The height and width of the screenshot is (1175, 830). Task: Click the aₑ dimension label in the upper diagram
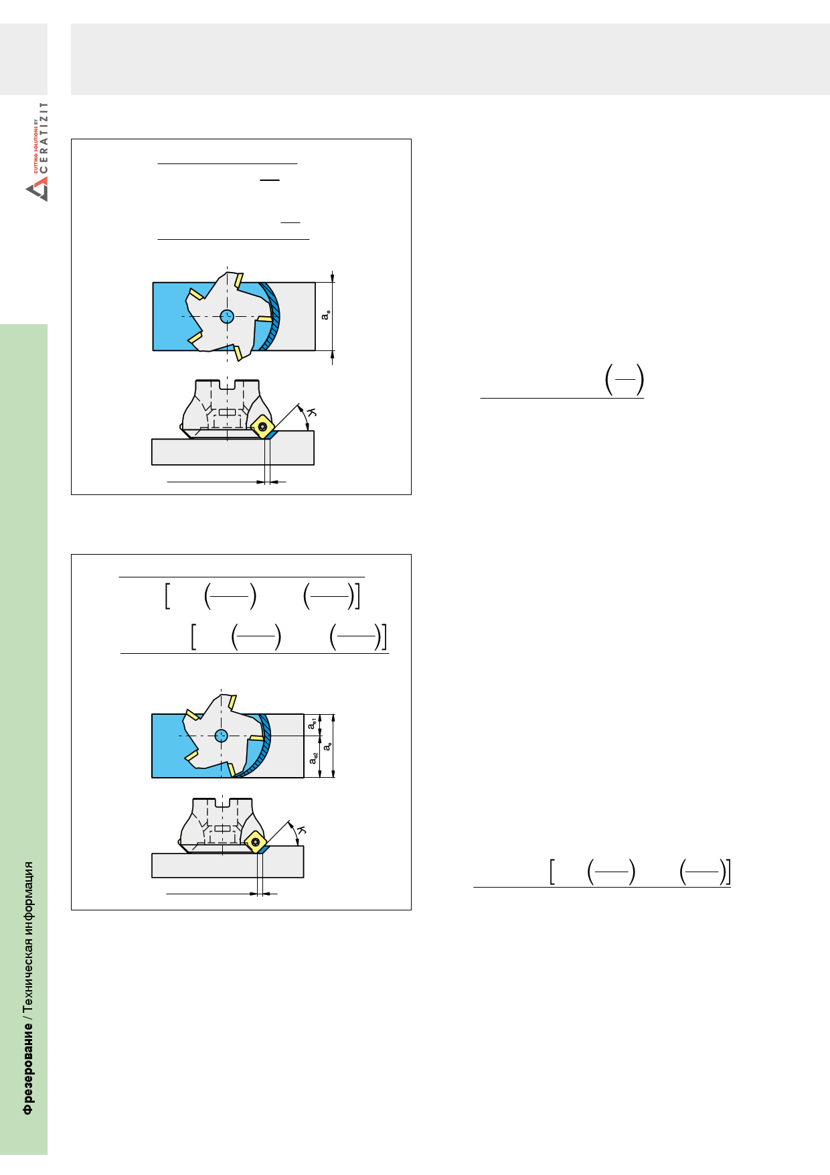tap(325, 315)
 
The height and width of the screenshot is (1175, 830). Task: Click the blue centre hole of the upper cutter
tap(228, 316)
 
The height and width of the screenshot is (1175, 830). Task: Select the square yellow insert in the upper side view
tap(263, 426)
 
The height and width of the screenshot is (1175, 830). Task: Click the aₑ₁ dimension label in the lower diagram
tap(312, 723)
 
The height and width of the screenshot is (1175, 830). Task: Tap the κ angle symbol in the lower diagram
tap(301, 831)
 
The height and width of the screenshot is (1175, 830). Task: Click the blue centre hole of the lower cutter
tap(222, 736)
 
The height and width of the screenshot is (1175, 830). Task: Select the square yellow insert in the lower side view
tap(255, 841)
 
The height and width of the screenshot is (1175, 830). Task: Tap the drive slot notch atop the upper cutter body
tap(228, 385)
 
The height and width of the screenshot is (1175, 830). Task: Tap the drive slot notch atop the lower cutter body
tap(222, 803)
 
